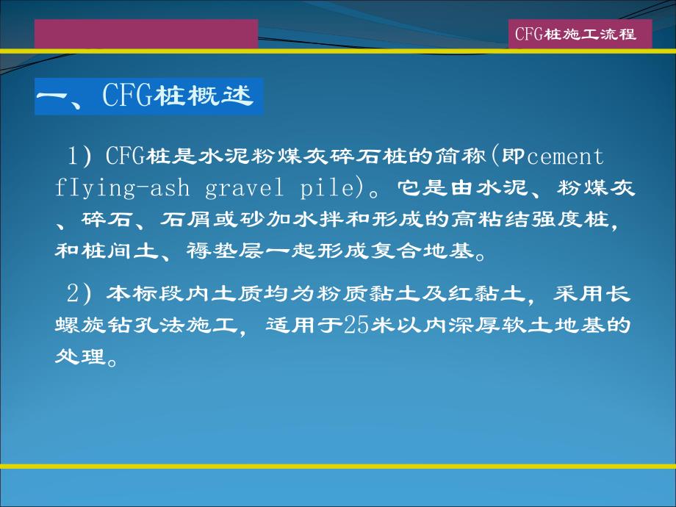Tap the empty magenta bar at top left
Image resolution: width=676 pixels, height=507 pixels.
tap(146, 34)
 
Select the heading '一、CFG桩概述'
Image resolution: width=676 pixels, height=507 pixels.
tap(145, 96)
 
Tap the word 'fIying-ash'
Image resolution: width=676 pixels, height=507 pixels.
tap(121, 188)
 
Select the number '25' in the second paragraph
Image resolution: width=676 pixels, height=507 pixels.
tap(356, 326)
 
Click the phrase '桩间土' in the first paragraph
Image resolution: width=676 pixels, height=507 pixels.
tap(103, 252)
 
